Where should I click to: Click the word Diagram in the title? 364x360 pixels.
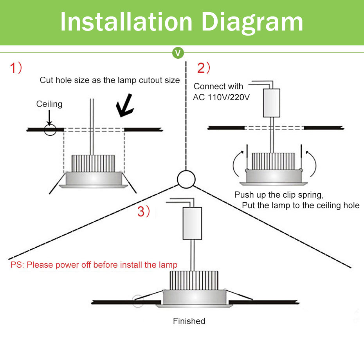coord(252,22)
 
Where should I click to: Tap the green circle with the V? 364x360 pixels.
coord(178,52)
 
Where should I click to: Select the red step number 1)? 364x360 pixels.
coord(16,68)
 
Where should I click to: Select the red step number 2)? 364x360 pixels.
coord(204,68)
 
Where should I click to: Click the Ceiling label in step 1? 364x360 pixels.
coord(49,104)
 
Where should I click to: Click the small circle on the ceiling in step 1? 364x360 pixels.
coord(50,129)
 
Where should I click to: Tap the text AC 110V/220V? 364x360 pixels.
coord(221,97)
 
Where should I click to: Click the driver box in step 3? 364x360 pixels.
coord(193,223)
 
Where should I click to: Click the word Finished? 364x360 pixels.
coord(189,321)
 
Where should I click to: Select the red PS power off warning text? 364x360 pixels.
coord(94,265)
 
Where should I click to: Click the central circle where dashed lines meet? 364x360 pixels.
coord(186,179)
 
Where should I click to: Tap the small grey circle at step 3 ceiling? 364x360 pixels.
coord(138,301)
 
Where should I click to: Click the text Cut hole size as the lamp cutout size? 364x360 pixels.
coord(110,80)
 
